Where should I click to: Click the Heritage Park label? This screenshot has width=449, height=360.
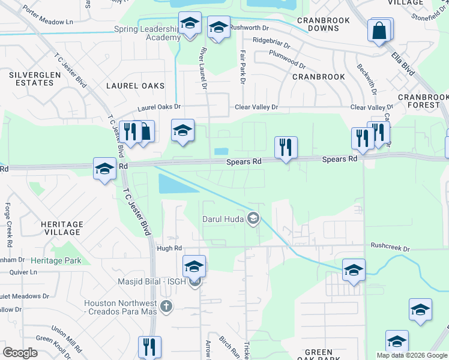click(56, 261)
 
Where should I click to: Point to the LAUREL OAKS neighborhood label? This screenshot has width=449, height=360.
click(135, 86)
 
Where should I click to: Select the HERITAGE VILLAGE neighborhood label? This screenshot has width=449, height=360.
click(62, 227)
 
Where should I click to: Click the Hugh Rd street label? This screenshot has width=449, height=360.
click(169, 248)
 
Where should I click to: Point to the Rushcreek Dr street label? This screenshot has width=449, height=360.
click(390, 247)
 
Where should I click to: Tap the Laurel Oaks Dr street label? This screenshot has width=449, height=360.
click(159, 107)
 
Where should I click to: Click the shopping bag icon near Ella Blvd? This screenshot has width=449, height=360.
click(380, 31)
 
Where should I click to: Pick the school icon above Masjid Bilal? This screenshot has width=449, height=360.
click(194, 266)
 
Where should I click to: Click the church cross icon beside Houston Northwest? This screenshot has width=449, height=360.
click(167, 307)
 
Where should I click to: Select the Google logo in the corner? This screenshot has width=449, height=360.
click(20, 353)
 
